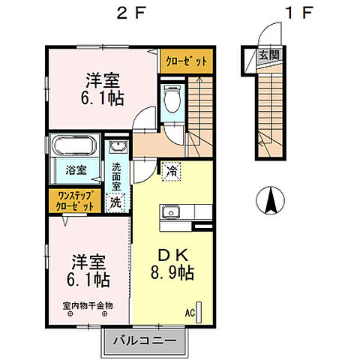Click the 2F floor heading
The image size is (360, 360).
click(x=125, y=13)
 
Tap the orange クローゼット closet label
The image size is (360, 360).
click(x=184, y=61)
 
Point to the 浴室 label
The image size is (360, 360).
click(x=75, y=169)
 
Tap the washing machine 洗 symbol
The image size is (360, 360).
click(x=116, y=200)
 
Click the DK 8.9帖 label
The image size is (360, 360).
click(x=172, y=263)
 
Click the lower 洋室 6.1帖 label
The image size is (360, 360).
click(x=89, y=271)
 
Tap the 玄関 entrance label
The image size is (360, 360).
click(x=267, y=55)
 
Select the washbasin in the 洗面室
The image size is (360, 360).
click(x=117, y=148)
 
